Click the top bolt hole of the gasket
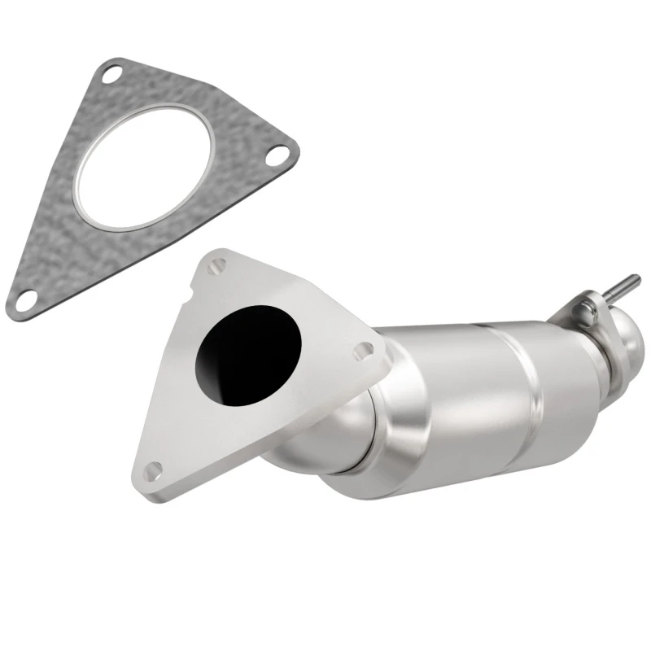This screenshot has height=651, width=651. [114, 74]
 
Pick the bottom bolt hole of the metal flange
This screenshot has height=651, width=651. [154, 470]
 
